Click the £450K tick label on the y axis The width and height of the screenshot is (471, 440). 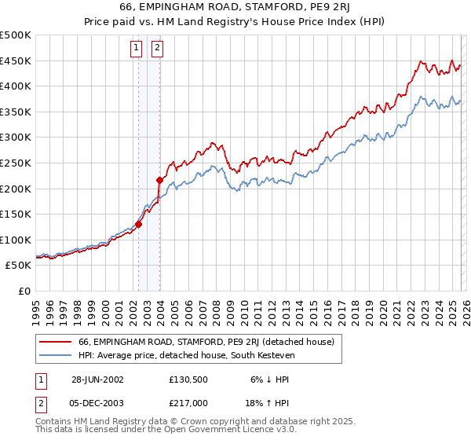pos(16,60)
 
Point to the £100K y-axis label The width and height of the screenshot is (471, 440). pos(16,240)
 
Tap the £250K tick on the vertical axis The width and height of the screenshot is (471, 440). pos(16,163)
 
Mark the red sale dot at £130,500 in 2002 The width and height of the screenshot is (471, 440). pos(139,224)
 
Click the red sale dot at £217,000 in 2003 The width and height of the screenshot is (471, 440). pos(159,180)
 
